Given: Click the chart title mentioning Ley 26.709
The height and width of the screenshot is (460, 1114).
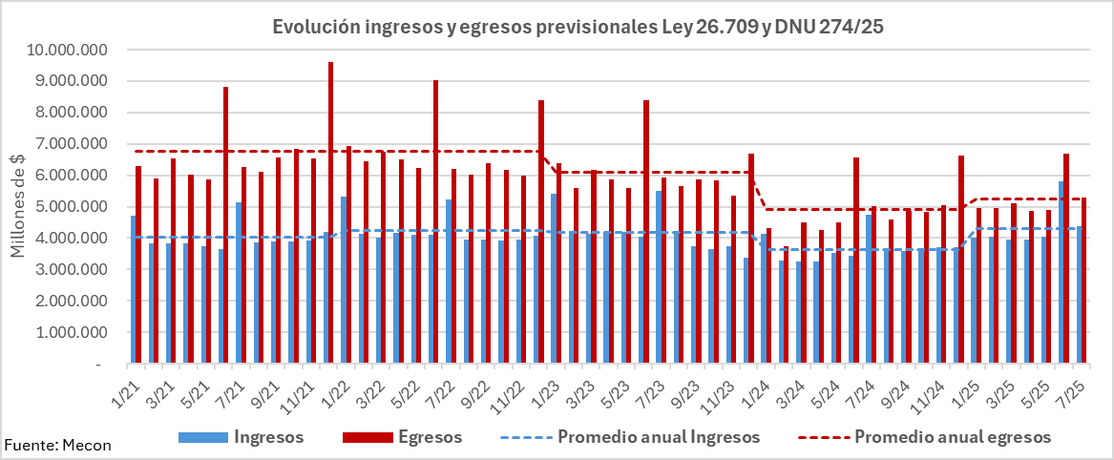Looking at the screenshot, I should pos(577,27).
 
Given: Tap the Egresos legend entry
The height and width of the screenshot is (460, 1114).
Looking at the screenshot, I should pos(431,437).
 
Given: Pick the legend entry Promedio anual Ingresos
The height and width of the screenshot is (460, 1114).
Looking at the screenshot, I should pos(659,437).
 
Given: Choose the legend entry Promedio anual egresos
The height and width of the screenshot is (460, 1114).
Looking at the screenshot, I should pos(952,437).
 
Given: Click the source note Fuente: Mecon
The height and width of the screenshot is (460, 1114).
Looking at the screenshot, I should pos(57,445).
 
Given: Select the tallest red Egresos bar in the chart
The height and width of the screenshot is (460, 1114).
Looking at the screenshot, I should pos(330,213).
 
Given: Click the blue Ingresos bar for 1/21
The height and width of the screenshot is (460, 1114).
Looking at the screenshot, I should pos(133,290).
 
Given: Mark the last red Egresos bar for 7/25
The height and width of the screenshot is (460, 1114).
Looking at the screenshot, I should pos(1083,281).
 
